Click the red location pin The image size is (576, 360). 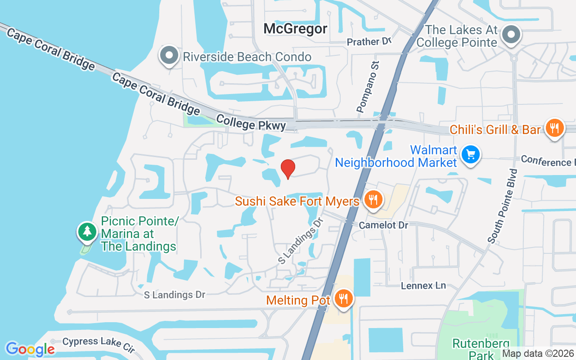pyautogui.click(x=288, y=169)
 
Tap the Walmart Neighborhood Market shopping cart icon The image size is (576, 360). pyautogui.click(x=471, y=155)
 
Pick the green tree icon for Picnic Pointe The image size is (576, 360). pyautogui.click(x=87, y=232)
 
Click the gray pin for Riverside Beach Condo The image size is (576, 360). pyautogui.click(x=170, y=56)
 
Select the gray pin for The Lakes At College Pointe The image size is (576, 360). pyautogui.click(x=511, y=35)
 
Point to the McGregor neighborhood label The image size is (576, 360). pyautogui.click(x=295, y=29)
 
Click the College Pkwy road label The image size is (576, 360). pyautogui.click(x=251, y=122)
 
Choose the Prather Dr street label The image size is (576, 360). pyautogui.click(x=369, y=42)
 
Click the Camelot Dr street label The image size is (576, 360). pyautogui.click(x=383, y=225)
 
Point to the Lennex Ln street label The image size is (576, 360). pyautogui.click(x=423, y=286)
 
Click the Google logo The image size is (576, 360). pyautogui.click(x=30, y=349)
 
